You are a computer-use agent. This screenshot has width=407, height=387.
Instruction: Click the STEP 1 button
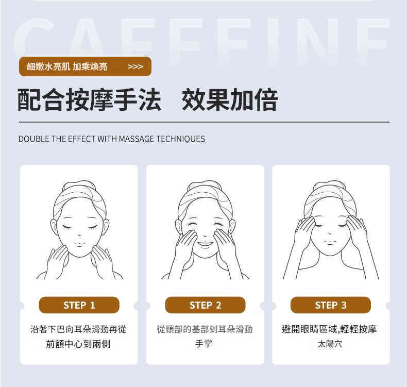79,305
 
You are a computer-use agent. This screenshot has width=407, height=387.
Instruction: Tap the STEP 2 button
205,305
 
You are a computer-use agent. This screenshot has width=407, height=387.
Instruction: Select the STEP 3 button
331,305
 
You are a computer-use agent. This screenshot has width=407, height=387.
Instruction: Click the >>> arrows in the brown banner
135,66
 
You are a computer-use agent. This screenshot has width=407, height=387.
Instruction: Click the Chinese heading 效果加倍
229,100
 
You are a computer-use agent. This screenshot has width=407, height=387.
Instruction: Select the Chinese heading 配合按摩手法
89,100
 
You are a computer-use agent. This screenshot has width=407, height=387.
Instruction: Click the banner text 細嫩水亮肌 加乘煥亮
67,66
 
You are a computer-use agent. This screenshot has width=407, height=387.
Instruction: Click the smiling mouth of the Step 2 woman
205,244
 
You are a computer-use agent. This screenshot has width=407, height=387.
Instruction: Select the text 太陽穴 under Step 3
330,344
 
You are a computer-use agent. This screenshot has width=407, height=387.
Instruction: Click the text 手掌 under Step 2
204,344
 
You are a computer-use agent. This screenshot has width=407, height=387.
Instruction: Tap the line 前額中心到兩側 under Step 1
78,344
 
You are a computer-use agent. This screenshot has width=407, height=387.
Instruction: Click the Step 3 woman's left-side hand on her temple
304,231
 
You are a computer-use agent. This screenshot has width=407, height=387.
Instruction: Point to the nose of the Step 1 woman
79,234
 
